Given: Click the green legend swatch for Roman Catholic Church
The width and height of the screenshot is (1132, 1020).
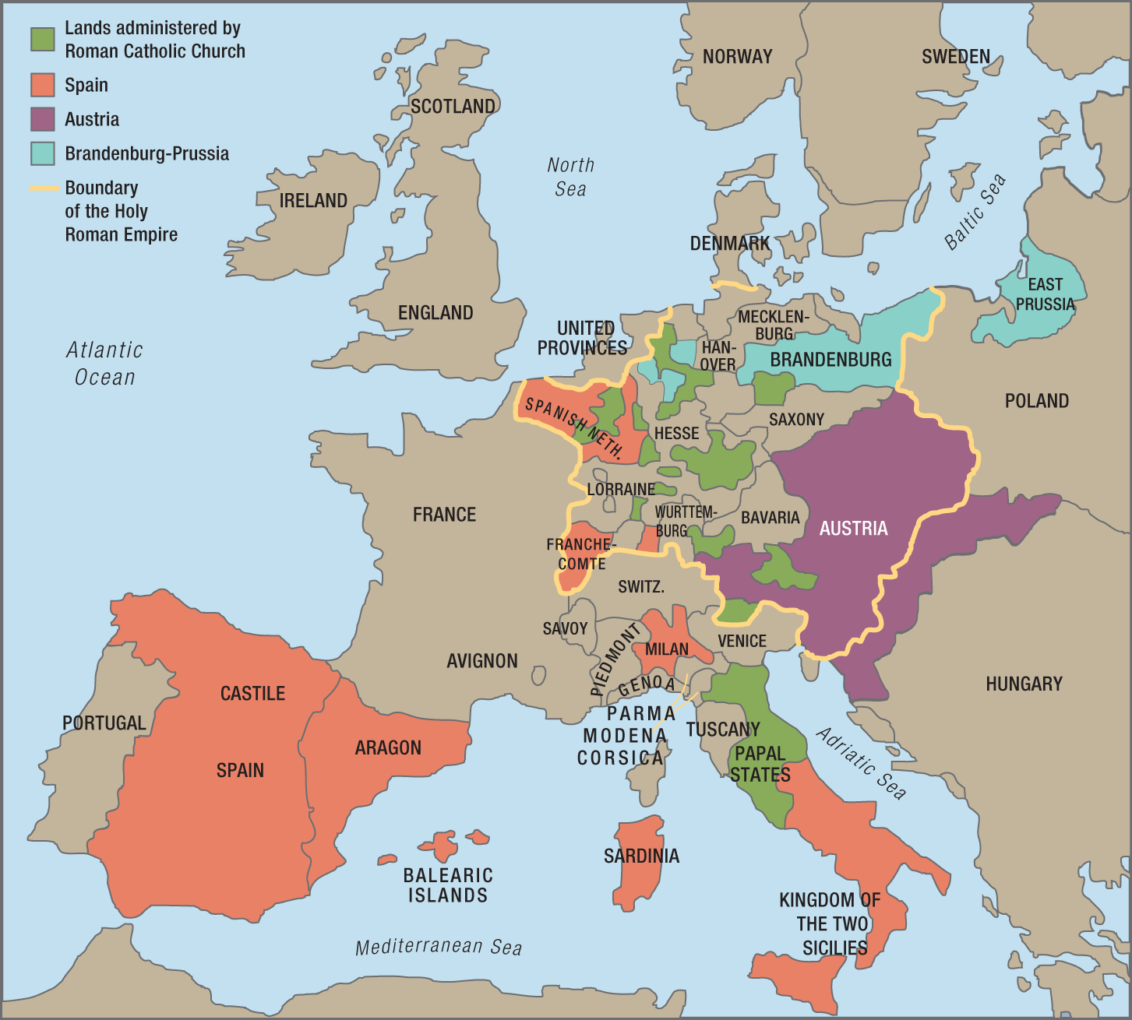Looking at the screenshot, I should click(x=43, y=40).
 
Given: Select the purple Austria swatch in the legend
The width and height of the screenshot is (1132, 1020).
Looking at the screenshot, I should click(x=43, y=119).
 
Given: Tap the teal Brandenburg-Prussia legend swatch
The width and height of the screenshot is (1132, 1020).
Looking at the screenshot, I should click(x=43, y=153).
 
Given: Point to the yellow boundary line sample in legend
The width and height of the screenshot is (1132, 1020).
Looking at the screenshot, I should click(x=44, y=188).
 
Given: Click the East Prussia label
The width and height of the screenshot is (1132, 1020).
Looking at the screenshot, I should click(x=1045, y=294).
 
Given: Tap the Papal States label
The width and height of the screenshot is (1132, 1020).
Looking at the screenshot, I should click(x=760, y=764).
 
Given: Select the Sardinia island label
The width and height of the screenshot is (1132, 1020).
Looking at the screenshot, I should click(x=641, y=856).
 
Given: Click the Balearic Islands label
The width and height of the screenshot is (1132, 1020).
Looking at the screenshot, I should click(x=448, y=885).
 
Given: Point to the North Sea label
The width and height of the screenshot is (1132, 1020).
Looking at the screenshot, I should click(x=570, y=177).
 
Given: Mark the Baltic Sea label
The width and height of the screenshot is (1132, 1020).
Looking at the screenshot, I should click(x=975, y=212).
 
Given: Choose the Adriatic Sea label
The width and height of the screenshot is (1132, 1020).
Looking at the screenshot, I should click(x=861, y=764).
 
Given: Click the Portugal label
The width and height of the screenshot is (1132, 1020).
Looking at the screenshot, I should click(x=104, y=723).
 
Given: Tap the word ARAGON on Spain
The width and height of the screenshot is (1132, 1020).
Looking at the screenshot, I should click(x=388, y=748).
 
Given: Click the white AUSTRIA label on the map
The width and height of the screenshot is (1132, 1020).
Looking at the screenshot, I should click(x=853, y=529).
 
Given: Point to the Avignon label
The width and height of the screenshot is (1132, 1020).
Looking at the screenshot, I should click(x=481, y=661).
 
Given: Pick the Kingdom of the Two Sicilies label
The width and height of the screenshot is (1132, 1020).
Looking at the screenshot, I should click(x=831, y=923).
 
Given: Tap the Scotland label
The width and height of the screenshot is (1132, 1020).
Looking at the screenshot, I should click(x=453, y=107).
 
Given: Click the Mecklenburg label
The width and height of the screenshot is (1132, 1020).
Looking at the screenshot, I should click(x=774, y=325).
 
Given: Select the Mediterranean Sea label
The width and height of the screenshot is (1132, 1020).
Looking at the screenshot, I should click(x=439, y=947).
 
